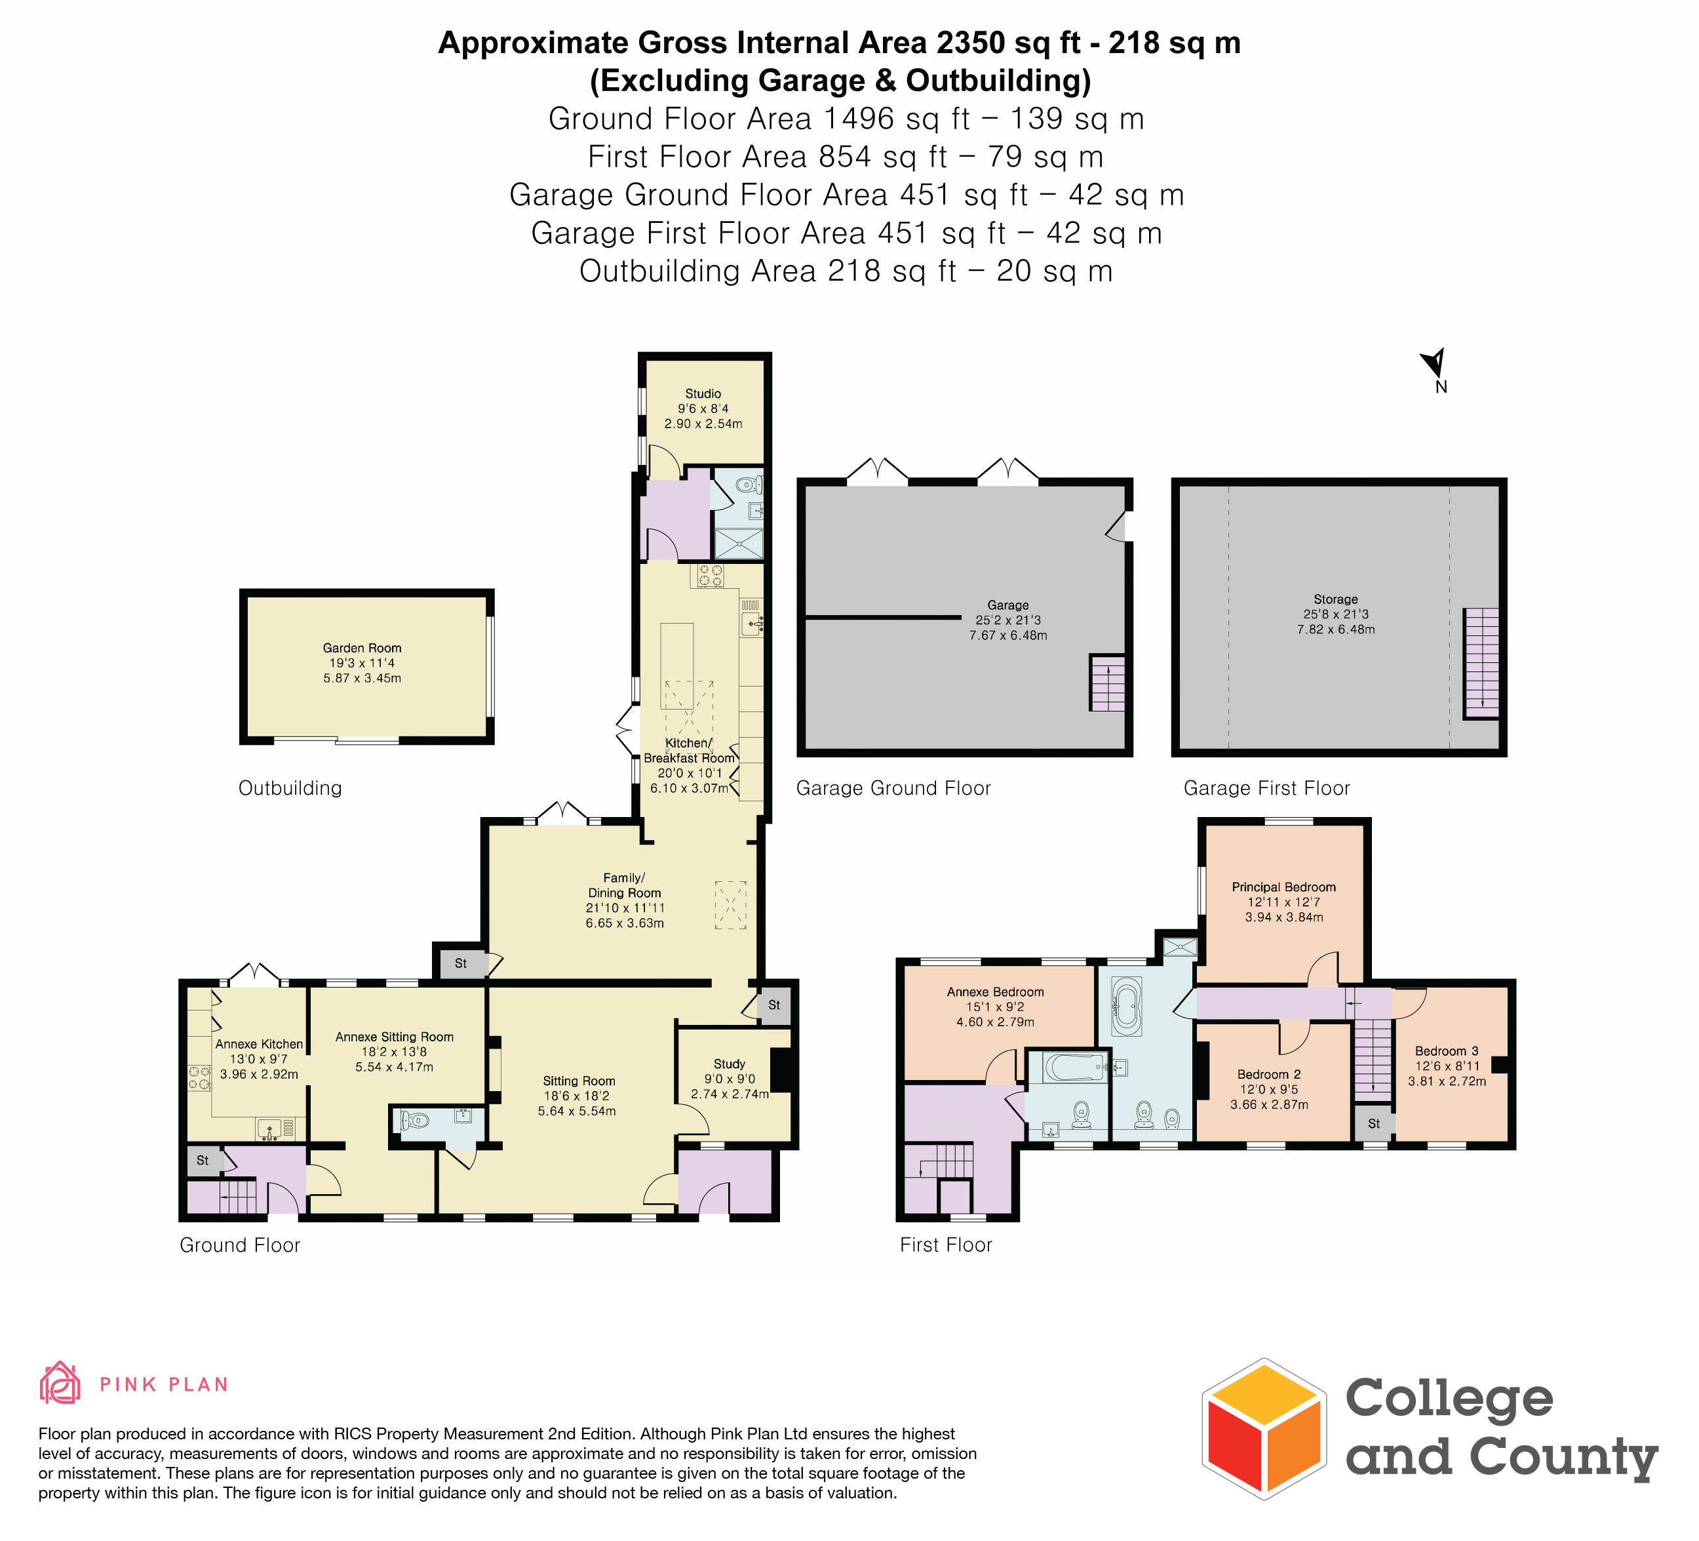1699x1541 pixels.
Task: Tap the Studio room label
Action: click(703, 393)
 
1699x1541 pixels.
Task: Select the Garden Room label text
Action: click(362, 649)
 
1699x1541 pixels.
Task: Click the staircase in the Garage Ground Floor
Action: click(1107, 683)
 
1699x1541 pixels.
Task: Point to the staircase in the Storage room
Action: click(1481, 664)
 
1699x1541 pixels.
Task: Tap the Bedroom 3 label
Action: click(1446, 1051)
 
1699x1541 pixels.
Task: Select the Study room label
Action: click(729, 1064)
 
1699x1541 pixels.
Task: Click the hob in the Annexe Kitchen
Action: click(199, 1077)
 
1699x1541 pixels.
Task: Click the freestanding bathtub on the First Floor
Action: click(1127, 1007)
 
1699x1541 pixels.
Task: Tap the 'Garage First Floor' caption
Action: click(1266, 788)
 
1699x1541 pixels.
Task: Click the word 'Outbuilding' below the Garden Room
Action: click(290, 788)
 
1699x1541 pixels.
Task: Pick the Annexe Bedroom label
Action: click(995, 992)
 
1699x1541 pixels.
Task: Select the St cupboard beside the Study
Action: click(773, 1005)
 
